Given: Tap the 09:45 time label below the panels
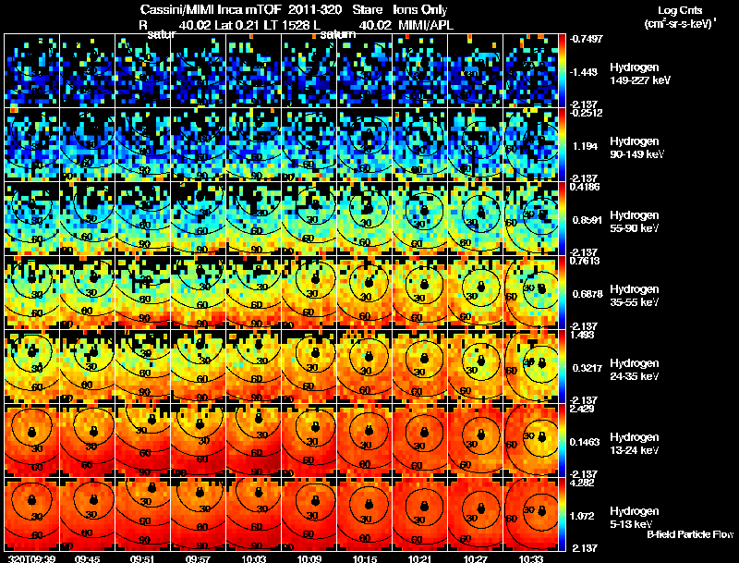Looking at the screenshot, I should point(88,557).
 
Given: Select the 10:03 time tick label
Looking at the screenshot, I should point(255,557).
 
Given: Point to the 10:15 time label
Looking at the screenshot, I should point(367,557).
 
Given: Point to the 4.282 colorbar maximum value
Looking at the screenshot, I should point(583,482).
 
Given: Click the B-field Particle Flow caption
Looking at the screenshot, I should point(689,534).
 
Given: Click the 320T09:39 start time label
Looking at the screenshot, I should point(30,557).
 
